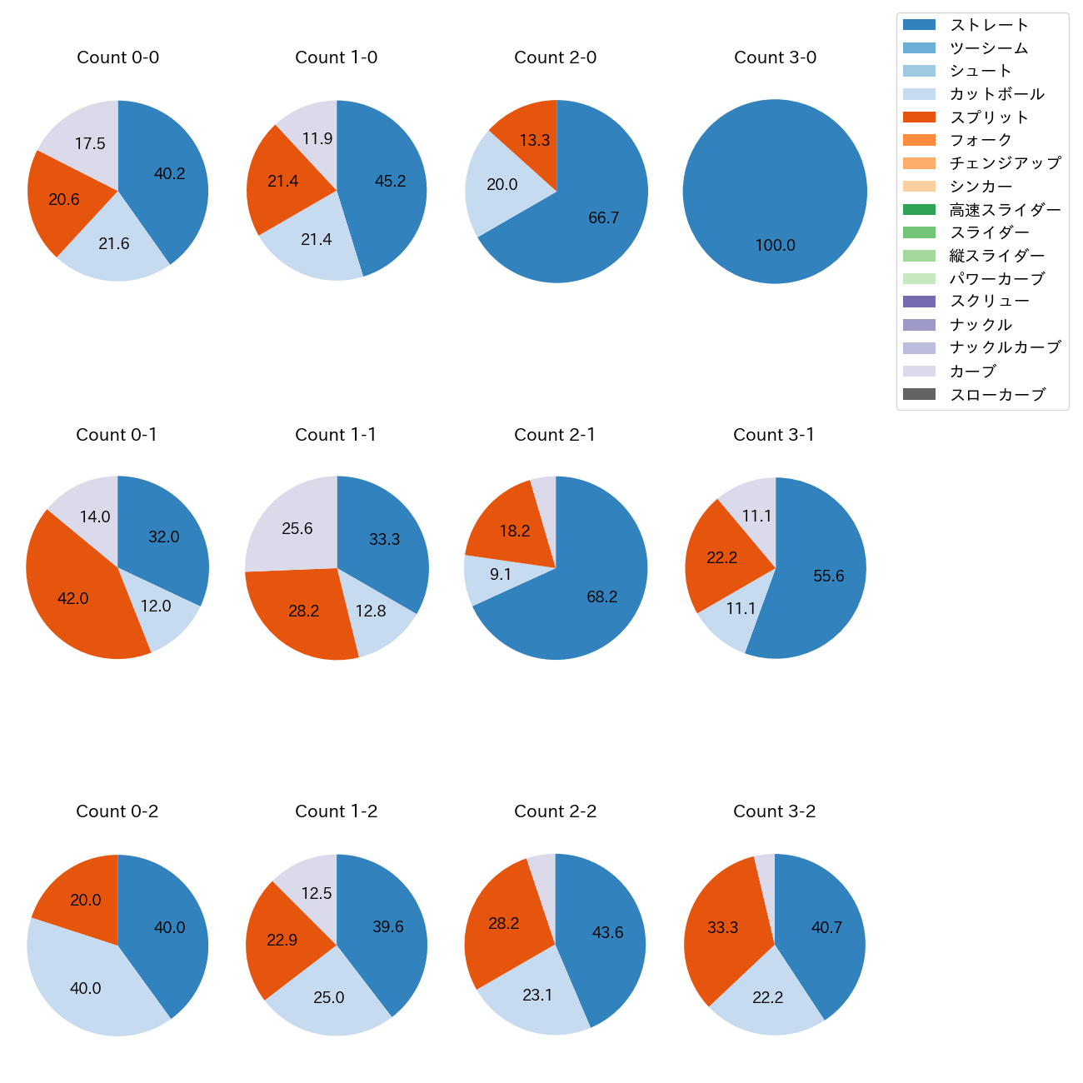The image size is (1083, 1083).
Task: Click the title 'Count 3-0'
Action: tap(775, 57)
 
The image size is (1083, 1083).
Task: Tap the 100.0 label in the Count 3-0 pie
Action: tap(775, 246)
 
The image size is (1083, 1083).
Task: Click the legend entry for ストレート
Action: tap(989, 25)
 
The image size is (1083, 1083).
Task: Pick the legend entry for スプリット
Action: tap(989, 117)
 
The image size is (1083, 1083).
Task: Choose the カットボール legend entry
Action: tap(996, 94)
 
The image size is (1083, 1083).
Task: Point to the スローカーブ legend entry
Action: tap(997, 395)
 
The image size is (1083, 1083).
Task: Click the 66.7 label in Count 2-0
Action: tap(603, 218)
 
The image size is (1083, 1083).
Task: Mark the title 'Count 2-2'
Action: tap(555, 811)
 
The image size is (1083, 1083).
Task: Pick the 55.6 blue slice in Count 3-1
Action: tap(825, 575)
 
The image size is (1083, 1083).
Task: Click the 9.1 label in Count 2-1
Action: tap(501, 575)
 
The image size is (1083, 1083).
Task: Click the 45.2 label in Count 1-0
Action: tap(390, 182)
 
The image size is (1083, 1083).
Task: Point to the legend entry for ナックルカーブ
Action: tap(1005, 348)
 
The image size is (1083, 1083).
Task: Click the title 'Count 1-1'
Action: tap(336, 435)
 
